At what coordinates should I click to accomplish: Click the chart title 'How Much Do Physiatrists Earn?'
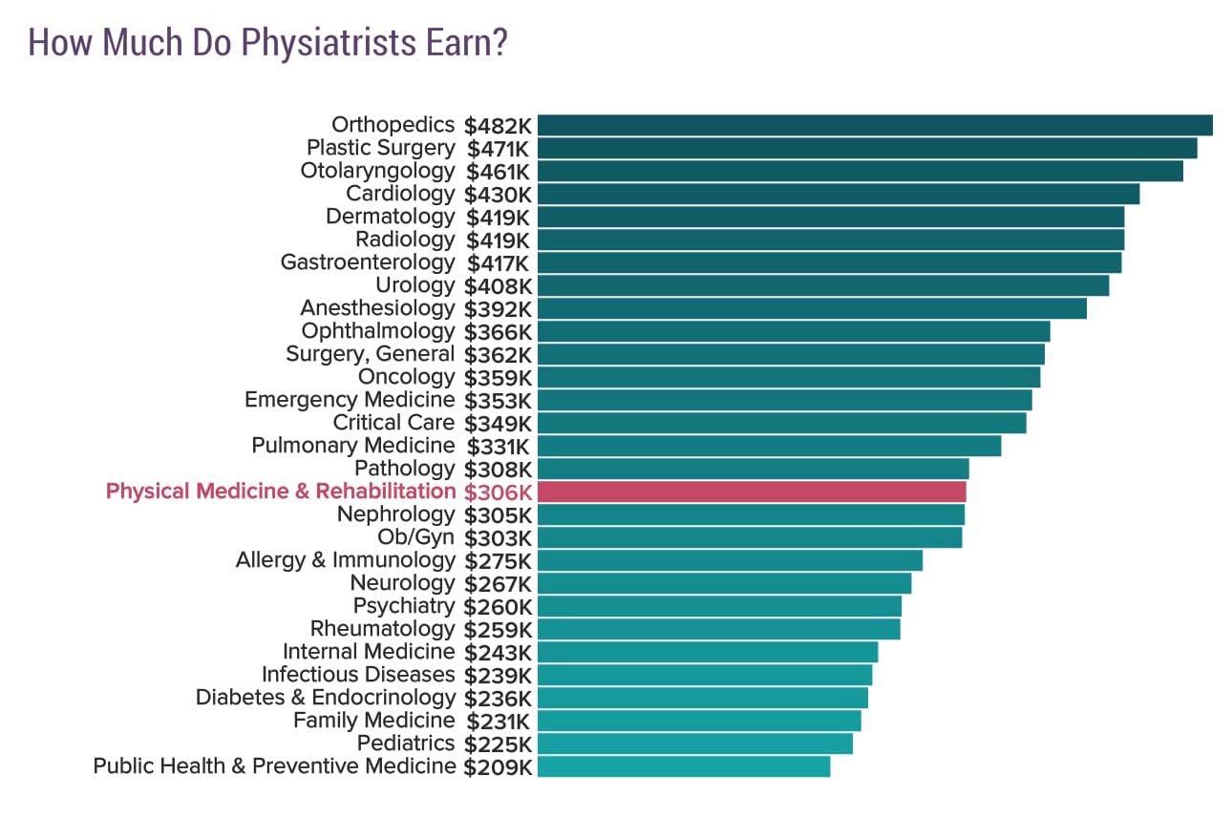click(267, 43)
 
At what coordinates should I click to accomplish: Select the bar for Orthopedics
click(874, 125)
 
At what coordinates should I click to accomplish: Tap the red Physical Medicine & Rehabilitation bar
click(752, 492)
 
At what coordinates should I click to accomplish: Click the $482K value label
click(498, 125)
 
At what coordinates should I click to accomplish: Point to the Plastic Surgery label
click(380, 148)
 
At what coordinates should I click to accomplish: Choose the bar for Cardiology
click(839, 194)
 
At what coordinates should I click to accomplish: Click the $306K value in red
click(498, 492)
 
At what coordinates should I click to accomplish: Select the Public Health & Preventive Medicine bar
click(684, 766)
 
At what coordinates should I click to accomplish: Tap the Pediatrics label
click(406, 744)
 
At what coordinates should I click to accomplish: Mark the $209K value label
click(498, 766)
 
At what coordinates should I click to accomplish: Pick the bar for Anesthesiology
click(812, 308)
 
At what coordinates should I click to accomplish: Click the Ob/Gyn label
click(415, 537)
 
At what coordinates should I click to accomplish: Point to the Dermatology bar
click(831, 217)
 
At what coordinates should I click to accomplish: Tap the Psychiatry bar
click(719, 606)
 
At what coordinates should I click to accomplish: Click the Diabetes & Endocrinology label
click(326, 698)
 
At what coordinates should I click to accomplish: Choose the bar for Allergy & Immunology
click(730, 560)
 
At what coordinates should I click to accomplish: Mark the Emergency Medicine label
click(350, 400)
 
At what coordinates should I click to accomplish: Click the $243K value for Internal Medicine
click(498, 652)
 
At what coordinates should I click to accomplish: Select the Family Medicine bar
click(699, 721)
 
